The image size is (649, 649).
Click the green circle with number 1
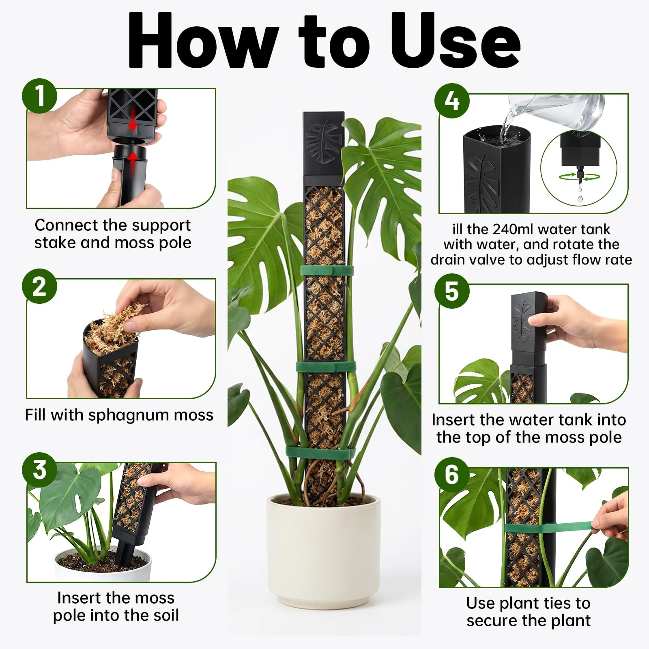click(x=39, y=96)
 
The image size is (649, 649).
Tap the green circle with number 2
click(x=39, y=286)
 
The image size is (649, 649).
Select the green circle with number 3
click(x=39, y=470)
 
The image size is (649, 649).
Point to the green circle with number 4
click(x=452, y=101)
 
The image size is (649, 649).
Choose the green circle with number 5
click(x=452, y=291)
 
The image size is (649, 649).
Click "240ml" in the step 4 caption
click(x=513, y=230)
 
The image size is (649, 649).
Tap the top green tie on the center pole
click(x=327, y=271)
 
